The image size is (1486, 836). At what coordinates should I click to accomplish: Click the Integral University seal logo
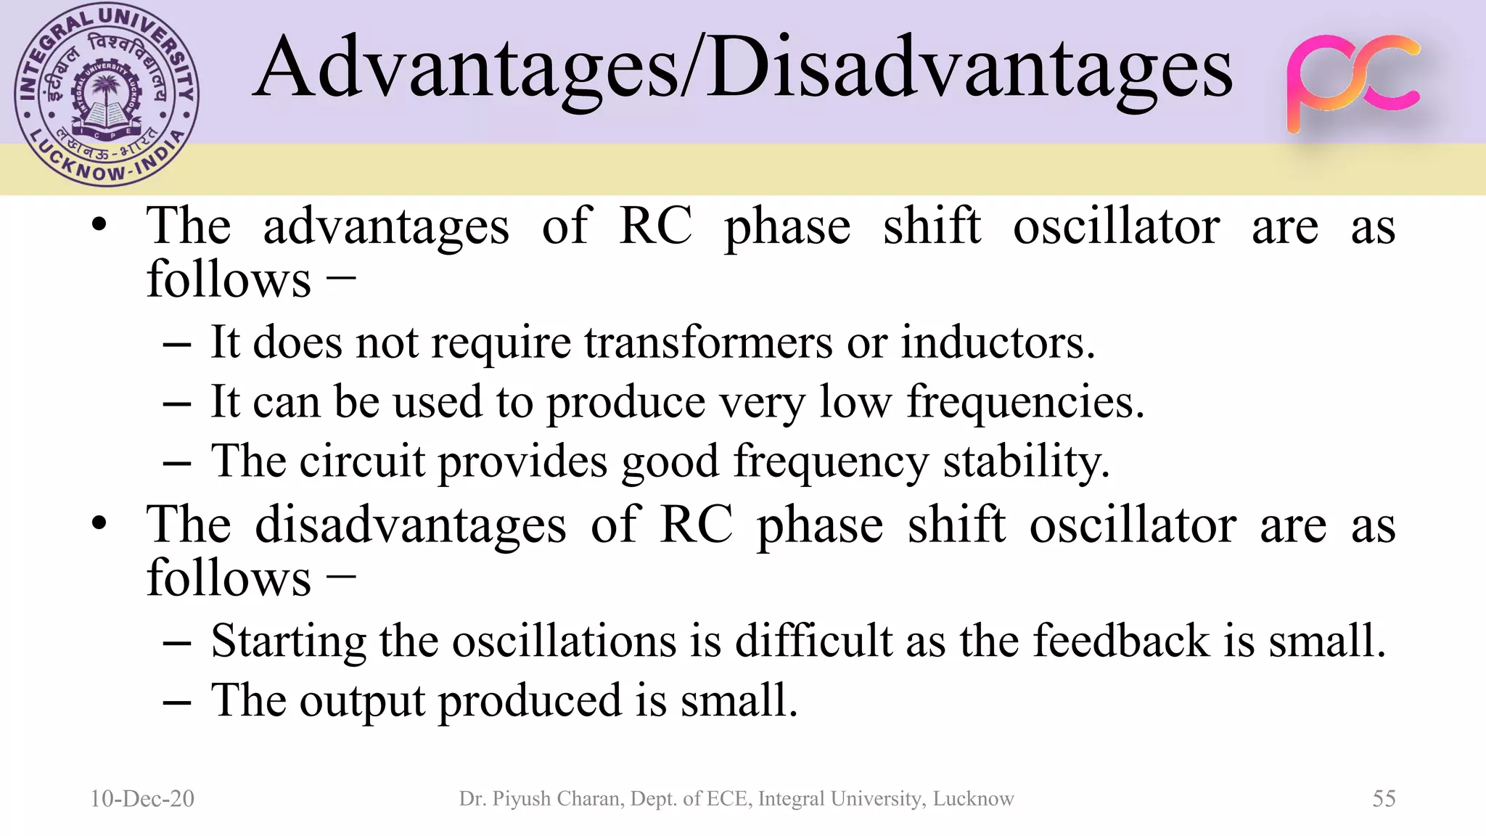click(106, 96)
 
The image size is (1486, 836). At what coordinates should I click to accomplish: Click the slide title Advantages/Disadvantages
click(742, 70)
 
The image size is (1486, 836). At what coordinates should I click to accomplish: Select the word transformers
click(708, 342)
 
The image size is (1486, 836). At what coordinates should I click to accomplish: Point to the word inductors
click(997, 342)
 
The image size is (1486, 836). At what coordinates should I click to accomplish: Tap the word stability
click(1026, 462)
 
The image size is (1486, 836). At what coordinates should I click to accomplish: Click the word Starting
click(289, 642)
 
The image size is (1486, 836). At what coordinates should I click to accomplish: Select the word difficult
click(813, 641)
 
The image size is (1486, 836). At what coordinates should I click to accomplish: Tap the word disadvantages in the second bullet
click(411, 525)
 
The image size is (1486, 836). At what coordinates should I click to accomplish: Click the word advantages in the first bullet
click(386, 226)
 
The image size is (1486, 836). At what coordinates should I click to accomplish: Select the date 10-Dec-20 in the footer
click(142, 798)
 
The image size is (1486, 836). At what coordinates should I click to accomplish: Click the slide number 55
click(1384, 798)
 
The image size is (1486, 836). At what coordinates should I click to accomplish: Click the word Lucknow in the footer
click(973, 798)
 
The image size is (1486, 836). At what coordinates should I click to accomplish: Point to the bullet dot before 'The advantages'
click(100, 225)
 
